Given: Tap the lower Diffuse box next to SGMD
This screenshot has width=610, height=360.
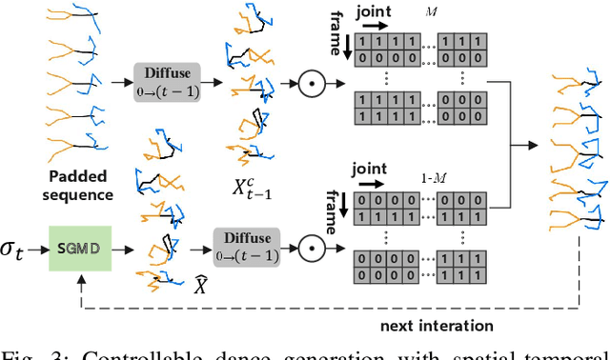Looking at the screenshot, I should point(243,249).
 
